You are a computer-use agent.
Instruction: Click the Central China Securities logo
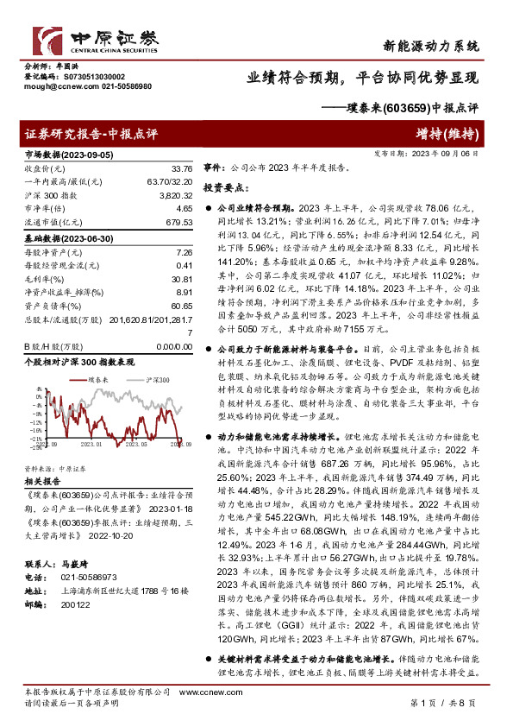click(x=95, y=40)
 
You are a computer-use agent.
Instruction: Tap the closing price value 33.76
click(x=181, y=168)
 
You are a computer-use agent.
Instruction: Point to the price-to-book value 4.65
click(x=184, y=209)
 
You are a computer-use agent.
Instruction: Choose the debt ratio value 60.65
click(x=181, y=306)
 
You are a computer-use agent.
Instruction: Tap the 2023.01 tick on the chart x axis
click(x=91, y=444)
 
